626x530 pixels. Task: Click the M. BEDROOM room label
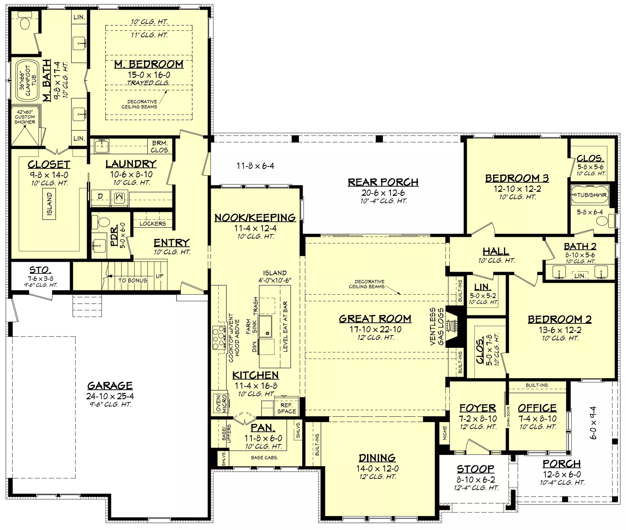tap(149, 64)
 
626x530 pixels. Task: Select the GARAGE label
tap(110, 386)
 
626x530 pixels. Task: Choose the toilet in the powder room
tap(102, 222)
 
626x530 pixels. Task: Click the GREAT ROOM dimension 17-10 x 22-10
tap(375, 329)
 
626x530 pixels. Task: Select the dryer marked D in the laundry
tap(100, 196)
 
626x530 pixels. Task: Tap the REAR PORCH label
tap(383, 182)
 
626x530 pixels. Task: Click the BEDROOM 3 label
tap(517, 178)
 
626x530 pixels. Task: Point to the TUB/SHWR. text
tap(592, 195)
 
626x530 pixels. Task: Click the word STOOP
tap(475, 469)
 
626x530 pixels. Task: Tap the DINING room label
tap(377, 458)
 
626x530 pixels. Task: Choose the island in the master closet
tap(49, 204)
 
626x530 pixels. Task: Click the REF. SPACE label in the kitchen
tap(286, 408)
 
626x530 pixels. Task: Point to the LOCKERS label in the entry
tap(153, 224)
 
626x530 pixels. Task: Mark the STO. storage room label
tap(40, 270)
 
